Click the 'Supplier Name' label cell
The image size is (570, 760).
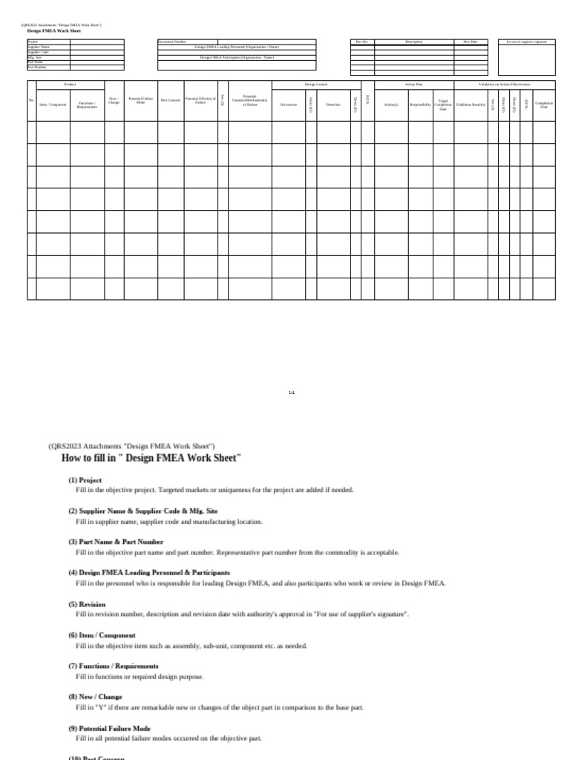pyautogui.click(x=39, y=47)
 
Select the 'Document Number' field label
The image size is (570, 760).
pyautogui.click(x=172, y=42)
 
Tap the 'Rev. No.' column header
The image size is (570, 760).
pyautogui.click(x=361, y=42)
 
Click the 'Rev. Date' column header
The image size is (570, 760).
pyautogui.click(x=471, y=42)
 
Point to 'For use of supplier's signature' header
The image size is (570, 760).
pyautogui.click(x=526, y=42)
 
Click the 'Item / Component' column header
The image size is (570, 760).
pyautogui.click(x=53, y=105)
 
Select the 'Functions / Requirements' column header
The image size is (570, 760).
pyautogui.click(x=87, y=105)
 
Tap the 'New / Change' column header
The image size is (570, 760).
pyautogui.click(x=114, y=100)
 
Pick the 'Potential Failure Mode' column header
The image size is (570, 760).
pyautogui.click(x=141, y=100)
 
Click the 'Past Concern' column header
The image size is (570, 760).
pyautogui.click(x=170, y=100)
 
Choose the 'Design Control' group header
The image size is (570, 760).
pyautogui.click(x=316, y=85)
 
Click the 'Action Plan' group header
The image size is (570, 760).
pyautogui.click(x=413, y=85)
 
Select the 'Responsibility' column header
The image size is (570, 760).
pyautogui.click(x=420, y=105)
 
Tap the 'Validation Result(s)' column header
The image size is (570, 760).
pyautogui.click(x=470, y=105)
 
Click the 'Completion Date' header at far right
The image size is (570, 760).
pyautogui.click(x=543, y=105)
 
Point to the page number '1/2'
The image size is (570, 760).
pyautogui.click(x=292, y=392)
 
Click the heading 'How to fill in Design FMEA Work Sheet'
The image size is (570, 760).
pyautogui.click(x=151, y=458)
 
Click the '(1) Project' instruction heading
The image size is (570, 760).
pyautogui.click(x=85, y=480)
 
